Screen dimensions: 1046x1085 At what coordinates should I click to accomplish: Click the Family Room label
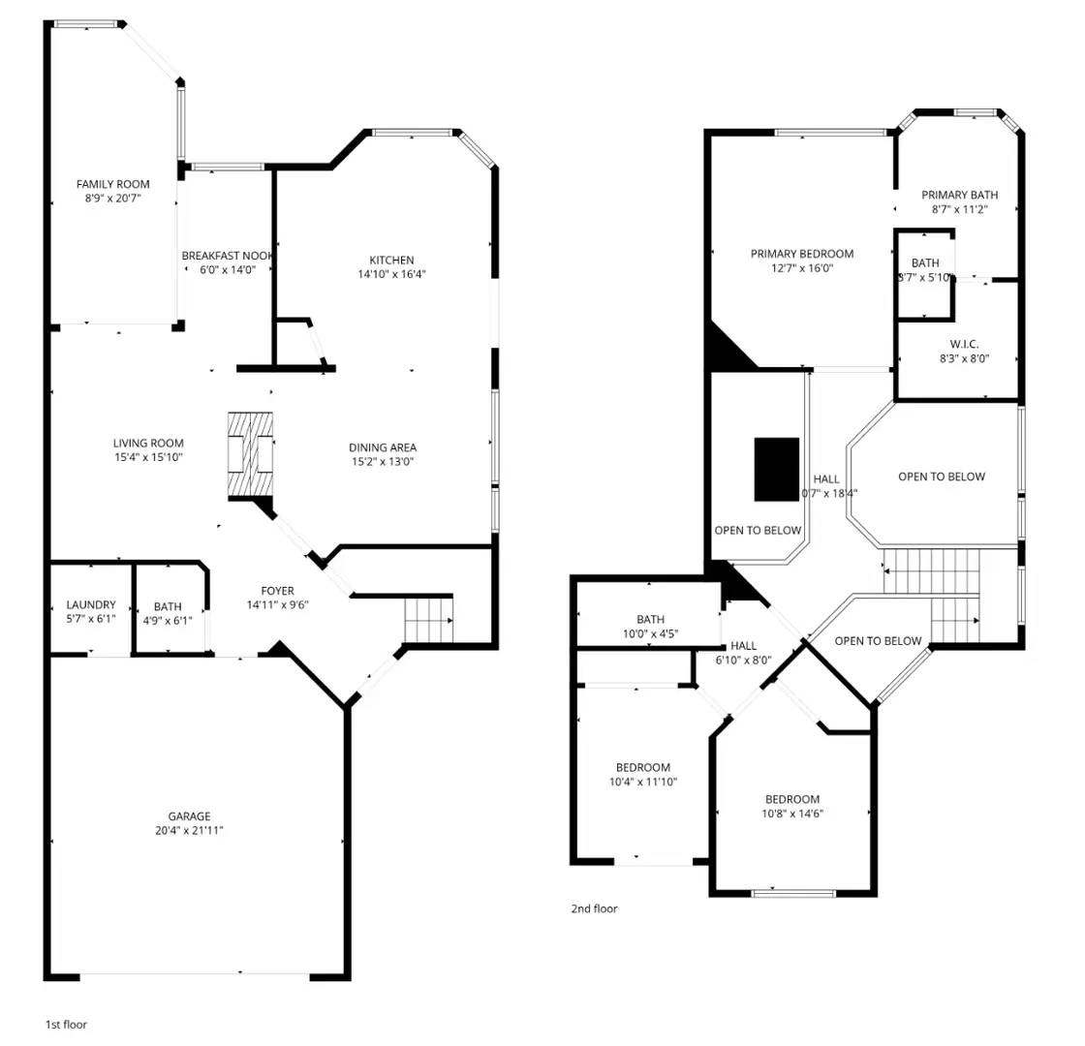(x=113, y=184)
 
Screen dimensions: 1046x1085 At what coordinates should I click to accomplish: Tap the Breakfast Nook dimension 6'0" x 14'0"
(x=221, y=270)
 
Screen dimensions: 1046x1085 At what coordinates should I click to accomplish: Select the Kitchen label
(x=391, y=260)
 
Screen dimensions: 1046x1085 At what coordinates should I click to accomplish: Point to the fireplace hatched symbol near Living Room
(x=251, y=455)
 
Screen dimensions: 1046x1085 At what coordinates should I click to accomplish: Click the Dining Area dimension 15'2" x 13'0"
(x=383, y=462)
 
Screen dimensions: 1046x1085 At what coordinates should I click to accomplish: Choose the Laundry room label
(x=91, y=605)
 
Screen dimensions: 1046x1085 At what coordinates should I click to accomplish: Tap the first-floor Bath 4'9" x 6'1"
(x=167, y=614)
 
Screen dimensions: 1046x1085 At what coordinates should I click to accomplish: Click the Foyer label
(x=277, y=591)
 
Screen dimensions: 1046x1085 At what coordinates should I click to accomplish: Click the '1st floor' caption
(x=66, y=1024)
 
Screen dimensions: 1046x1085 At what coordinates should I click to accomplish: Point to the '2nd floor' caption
(x=594, y=908)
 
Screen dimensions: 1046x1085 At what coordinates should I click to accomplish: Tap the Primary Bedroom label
(x=802, y=254)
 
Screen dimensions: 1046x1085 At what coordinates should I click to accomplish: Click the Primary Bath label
(x=959, y=195)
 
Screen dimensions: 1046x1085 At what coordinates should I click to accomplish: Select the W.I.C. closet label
(x=964, y=344)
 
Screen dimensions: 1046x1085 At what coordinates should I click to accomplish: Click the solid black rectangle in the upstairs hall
(x=777, y=469)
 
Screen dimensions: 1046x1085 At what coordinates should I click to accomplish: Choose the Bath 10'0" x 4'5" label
(x=650, y=620)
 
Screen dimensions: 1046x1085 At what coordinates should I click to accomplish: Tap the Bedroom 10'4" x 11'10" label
(x=642, y=768)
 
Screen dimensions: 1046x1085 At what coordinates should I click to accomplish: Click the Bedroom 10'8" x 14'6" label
(x=792, y=799)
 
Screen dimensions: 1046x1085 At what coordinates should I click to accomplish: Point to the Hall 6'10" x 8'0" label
(x=744, y=646)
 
